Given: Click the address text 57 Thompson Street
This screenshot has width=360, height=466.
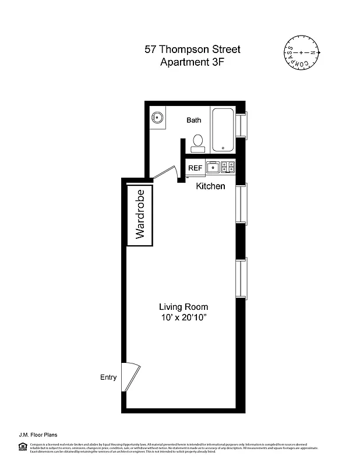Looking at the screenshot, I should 192,50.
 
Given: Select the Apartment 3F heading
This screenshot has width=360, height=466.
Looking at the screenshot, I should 192,62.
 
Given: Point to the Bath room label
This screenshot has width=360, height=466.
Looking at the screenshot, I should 194,121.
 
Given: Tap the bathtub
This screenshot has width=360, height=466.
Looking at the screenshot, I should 223,129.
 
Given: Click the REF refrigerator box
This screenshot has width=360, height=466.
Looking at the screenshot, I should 195,168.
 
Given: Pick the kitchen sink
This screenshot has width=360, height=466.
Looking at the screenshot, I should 214,168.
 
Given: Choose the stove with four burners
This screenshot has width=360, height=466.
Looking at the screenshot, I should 229,168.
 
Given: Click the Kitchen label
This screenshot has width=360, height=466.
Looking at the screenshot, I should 210,186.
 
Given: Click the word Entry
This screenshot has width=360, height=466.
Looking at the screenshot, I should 108,377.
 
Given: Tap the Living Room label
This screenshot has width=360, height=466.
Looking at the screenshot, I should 183,307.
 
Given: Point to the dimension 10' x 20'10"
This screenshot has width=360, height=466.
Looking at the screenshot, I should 183,318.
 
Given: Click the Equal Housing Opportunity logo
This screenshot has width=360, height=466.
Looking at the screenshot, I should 22,447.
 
